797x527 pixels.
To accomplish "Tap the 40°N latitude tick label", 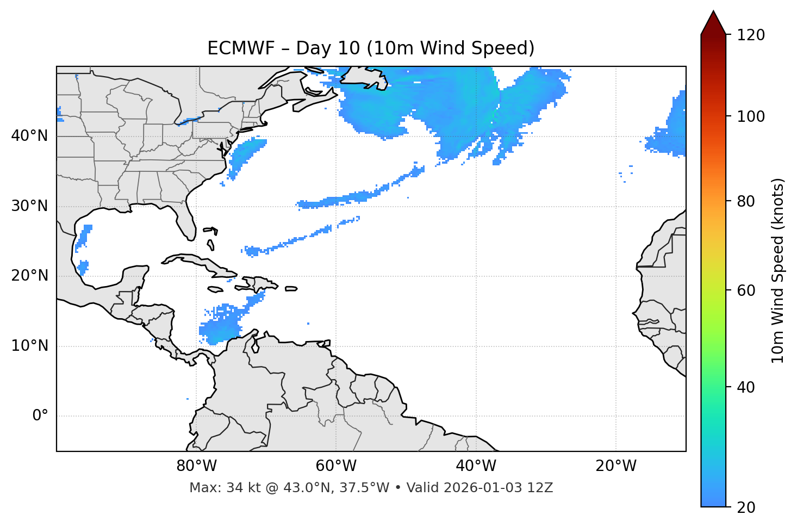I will (29, 136).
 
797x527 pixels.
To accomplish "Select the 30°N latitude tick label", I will (29, 206).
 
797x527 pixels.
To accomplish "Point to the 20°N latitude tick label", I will (29, 276).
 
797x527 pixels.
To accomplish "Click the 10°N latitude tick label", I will (29, 346).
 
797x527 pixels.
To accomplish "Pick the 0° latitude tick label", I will (40, 416).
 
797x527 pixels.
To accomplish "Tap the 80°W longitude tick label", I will (196, 466).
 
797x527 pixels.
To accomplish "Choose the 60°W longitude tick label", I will (336, 466).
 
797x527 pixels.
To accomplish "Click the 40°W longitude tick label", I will (476, 466).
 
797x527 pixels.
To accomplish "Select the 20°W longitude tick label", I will (616, 466).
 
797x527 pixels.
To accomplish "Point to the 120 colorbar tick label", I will (751, 35).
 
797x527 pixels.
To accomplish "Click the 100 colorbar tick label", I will (751, 116).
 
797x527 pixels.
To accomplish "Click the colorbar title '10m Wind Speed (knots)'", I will (778, 270).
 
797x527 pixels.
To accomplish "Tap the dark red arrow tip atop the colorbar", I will (713, 21).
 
